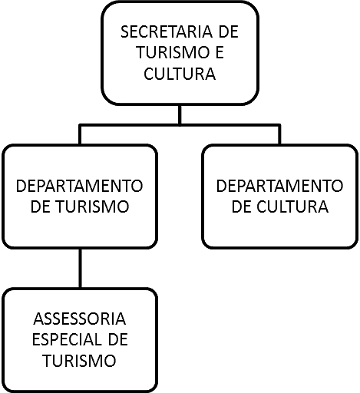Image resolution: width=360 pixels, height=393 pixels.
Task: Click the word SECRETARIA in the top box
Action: (x=167, y=31)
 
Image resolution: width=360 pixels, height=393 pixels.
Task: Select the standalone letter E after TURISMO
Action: (x=220, y=52)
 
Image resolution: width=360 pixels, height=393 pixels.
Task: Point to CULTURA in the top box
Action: (x=180, y=74)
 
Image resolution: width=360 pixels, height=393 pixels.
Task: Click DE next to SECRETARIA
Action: (x=229, y=31)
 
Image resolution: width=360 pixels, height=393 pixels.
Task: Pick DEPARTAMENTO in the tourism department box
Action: (x=79, y=186)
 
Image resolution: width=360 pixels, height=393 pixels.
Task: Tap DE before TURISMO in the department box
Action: (x=40, y=206)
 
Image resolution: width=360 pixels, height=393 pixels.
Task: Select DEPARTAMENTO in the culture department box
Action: (x=279, y=186)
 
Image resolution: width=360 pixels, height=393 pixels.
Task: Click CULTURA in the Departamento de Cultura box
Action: (x=292, y=206)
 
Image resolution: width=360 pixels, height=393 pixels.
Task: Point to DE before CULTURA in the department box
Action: (x=241, y=206)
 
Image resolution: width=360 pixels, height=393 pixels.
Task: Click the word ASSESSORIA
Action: (x=80, y=319)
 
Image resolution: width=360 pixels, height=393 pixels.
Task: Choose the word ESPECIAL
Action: (x=66, y=340)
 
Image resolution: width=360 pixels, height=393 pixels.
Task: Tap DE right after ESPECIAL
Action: (x=117, y=340)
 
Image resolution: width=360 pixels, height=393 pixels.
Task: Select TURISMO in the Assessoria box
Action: (x=79, y=361)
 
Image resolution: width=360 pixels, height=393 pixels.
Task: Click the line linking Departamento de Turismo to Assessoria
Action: (x=81, y=268)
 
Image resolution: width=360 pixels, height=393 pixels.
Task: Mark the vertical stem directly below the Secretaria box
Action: (x=180, y=114)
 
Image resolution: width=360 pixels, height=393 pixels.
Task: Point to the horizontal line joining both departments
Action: (x=180, y=125)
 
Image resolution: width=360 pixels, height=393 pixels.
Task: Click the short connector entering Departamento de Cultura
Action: (x=279, y=135)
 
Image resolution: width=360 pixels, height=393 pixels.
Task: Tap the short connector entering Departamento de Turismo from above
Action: (x=81, y=135)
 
